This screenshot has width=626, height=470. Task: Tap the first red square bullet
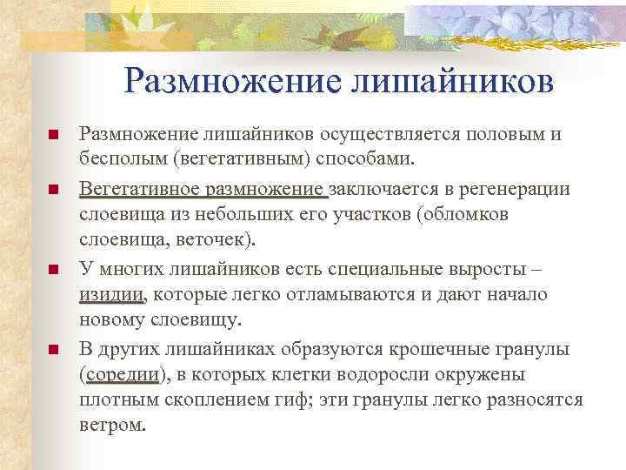(x=53, y=137)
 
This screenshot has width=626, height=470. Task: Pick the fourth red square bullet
(x=53, y=350)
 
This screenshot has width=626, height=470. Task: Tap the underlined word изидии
(x=110, y=294)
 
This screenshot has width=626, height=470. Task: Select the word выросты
(x=509, y=267)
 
